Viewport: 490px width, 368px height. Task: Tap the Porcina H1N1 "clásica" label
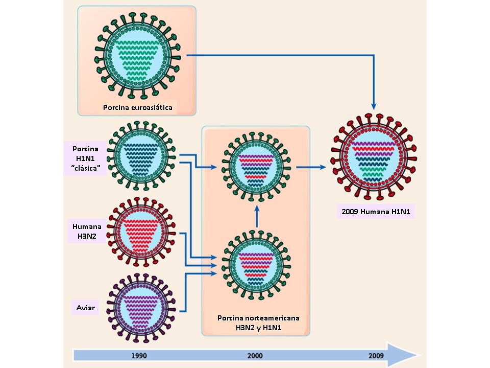click(86, 158)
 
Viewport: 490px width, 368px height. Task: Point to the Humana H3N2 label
click(87, 232)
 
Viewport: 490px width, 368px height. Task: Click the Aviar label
click(86, 308)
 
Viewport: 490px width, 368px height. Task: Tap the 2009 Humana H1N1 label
click(376, 211)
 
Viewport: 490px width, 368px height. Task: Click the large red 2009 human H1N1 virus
click(374, 159)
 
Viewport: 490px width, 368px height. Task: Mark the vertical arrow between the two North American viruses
click(257, 215)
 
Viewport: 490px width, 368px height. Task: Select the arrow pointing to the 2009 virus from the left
click(311, 167)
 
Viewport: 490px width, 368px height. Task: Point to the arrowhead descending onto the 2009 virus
click(374, 105)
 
